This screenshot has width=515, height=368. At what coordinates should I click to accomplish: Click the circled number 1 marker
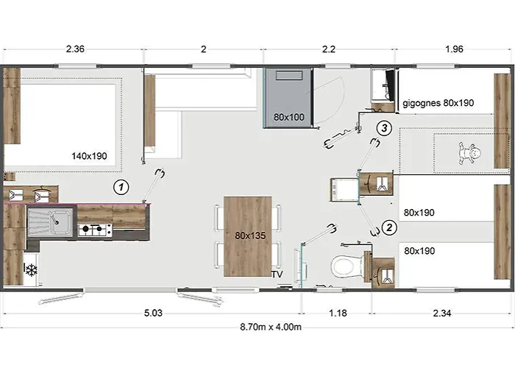(121, 187)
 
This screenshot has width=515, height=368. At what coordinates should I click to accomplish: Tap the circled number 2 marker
(389, 227)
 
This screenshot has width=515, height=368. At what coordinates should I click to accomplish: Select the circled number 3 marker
(384, 128)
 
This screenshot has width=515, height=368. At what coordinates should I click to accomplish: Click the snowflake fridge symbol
(31, 270)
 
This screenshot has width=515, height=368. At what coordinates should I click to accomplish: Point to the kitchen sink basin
(50, 222)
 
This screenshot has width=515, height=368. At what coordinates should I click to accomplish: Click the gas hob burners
(95, 230)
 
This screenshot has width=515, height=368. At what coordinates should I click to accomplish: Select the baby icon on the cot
(469, 153)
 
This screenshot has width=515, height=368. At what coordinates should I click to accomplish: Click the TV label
(277, 275)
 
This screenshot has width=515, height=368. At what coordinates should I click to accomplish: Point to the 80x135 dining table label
(250, 236)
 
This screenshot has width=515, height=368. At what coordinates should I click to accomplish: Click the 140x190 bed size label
(89, 156)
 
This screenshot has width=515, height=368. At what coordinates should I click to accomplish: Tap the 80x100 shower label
(289, 117)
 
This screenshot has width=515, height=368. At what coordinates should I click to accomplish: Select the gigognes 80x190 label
(438, 103)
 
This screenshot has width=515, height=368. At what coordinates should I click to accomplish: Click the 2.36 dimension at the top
(75, 49)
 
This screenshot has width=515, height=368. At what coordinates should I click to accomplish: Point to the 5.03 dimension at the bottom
(153, 313)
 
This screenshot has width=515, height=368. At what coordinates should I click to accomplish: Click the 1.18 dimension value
(338, 313)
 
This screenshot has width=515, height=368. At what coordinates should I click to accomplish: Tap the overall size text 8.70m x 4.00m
(271, 327)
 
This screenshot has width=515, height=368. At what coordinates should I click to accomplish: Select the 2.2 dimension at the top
(329, 49)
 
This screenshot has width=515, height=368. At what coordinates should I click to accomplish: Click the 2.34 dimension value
(442, 313)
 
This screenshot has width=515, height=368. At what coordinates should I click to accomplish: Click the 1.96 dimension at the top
(454, 49)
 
